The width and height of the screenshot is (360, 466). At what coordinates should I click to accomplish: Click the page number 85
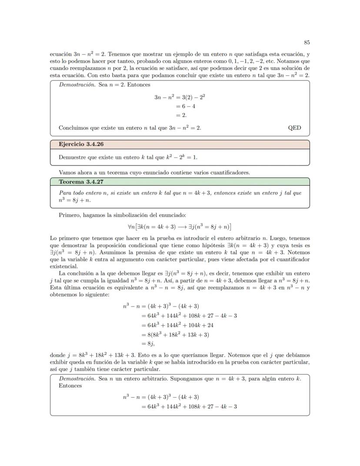pos(307,43)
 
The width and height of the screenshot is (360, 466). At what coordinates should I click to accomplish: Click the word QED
pos(294,128)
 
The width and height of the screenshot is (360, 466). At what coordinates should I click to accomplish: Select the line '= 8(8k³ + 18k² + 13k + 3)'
pos(176,334)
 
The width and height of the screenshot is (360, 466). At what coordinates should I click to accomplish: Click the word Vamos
pos(67,172)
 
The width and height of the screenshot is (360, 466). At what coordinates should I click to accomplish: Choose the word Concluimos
pos(74,128)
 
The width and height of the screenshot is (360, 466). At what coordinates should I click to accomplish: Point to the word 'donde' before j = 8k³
pos(58,355)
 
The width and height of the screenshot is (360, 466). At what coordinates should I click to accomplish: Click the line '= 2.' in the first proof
pos(181,115)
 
